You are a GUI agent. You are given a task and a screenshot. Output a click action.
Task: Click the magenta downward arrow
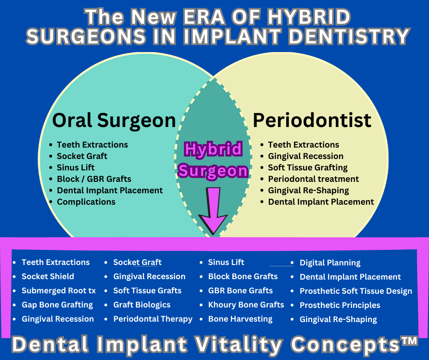[x=213, y=211]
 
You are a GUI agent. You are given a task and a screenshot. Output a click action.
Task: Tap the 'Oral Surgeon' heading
[x=114, y=120]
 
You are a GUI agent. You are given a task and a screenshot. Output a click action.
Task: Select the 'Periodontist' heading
[x=312, y=120]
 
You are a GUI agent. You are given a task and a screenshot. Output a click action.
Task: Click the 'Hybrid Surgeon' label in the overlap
[x=213, y=160]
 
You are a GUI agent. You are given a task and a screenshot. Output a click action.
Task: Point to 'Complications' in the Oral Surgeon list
[x=86, y=201]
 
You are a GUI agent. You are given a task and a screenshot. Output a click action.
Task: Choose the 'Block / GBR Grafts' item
[x=94, y=179]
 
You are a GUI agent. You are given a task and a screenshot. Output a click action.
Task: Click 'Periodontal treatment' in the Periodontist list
[x=313, y=179]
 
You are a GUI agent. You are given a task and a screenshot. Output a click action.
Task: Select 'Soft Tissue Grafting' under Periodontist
[x=308, y=167]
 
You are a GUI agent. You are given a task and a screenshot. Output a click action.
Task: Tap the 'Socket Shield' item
[x=48, y=276]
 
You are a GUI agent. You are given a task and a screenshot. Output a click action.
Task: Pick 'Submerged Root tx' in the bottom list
[x=58, y=291]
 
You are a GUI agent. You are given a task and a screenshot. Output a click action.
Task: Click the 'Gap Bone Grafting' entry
[x=57, y=305]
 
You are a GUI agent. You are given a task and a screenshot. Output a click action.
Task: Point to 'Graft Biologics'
[x=142, y=305]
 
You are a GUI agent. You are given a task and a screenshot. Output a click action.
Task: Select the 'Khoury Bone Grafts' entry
[x=246, y=305]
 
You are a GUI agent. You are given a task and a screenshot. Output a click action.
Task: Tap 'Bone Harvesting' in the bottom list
[x=240, y=319]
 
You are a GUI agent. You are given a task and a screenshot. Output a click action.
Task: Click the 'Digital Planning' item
[x=330, y=263]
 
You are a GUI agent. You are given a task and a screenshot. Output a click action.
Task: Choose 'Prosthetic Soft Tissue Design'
[x=356, y=291]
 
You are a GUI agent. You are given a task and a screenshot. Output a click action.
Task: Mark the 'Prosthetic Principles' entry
[x=340, y=305]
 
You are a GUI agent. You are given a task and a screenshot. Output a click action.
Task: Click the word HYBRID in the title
[x=309, y=17]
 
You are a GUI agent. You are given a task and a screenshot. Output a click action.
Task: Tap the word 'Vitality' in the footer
[x=238, y=344]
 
